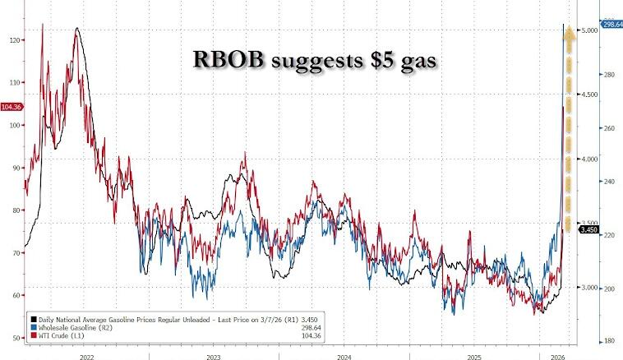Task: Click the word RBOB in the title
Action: tap(225, 60)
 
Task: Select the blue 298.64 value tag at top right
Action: tap(610, 25)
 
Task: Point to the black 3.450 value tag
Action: tap(588, 229)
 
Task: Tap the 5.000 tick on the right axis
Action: tap(588, 30)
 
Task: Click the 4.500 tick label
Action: tap(588, 95)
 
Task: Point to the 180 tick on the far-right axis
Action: tap(609, 341)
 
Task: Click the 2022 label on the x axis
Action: tap(85, 355)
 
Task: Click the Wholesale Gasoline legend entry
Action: tap(70, 326)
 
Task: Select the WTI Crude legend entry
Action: tap(57, 335)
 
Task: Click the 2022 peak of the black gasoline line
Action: tap(76, 29)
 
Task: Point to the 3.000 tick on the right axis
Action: tap(588, 288)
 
